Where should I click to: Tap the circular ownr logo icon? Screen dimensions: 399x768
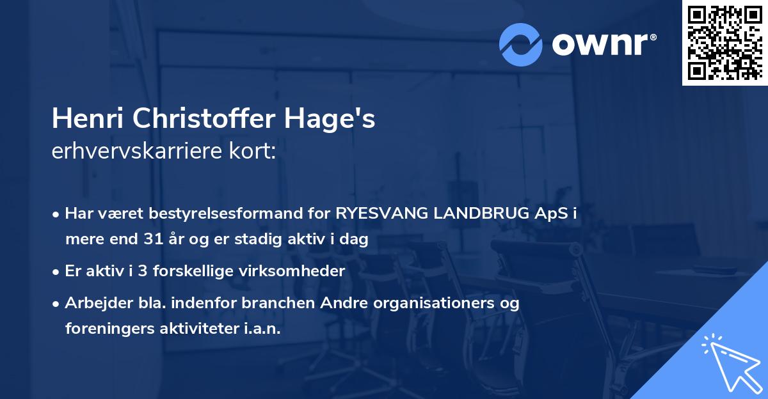pos(520,45)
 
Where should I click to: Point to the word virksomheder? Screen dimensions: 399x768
pos(300,271)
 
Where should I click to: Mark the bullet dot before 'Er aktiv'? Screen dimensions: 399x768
pos(58,271)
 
